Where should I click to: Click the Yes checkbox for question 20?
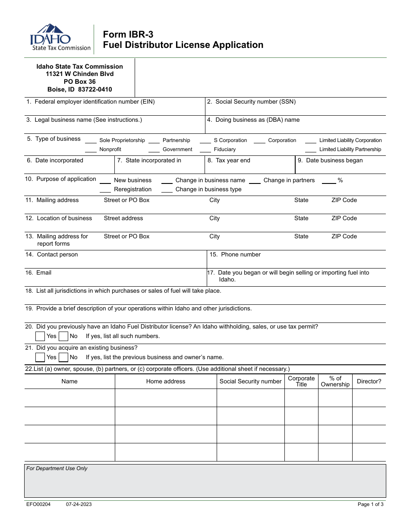[40, 336]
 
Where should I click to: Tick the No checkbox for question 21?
[63, 357]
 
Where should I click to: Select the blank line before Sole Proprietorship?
[91, 141]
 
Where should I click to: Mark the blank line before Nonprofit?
[91, 151]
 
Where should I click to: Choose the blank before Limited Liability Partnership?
[311, 151]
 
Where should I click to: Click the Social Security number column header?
[250, 382]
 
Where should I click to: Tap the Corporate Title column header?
[301, 382]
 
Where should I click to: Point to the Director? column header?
[369, 382]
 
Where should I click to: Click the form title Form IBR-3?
[128, 35]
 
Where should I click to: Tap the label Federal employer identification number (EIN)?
[94, 102]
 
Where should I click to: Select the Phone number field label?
[240, 255]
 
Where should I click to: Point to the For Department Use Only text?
[57, 468]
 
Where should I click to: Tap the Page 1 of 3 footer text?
[370, 504]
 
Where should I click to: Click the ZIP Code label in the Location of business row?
[344, 218]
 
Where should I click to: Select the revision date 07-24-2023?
[79, 504]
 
